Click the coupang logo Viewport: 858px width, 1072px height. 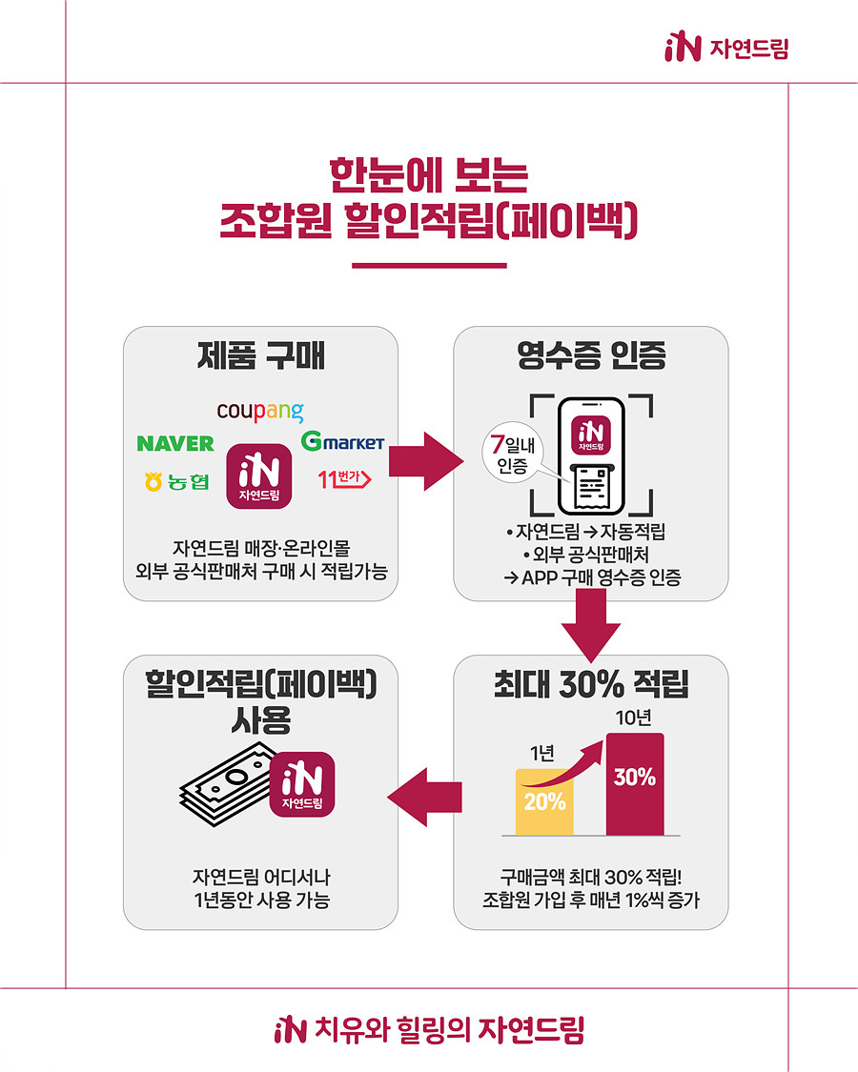coord(260,411)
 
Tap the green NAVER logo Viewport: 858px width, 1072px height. coord(175,444)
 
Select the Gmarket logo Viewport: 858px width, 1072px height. coord(343,441)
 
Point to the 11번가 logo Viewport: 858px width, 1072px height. coord(345,478)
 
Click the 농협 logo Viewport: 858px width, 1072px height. coord(177,482)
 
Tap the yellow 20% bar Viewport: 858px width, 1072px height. coord(544,802)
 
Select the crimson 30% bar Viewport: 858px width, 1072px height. coord(635,784)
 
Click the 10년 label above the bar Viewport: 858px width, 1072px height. coord(634,718)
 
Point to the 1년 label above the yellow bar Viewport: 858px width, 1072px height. coord(542,754)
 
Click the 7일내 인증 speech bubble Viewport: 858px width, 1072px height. coord(513,454)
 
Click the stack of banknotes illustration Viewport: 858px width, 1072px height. coord(226,786)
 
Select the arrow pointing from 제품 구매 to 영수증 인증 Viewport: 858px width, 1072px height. coord(425,461)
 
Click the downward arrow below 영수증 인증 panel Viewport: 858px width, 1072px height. coord(591,624)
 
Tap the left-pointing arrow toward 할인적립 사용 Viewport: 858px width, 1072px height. coord(425,798)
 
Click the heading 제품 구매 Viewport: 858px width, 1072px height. coord(260,355)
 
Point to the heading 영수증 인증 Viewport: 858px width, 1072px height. coord(591,355)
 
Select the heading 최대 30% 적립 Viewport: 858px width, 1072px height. coord(591,684)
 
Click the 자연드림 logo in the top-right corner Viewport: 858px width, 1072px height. coord(726,48)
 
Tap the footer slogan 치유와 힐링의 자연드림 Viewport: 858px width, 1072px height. coord(430,1030)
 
